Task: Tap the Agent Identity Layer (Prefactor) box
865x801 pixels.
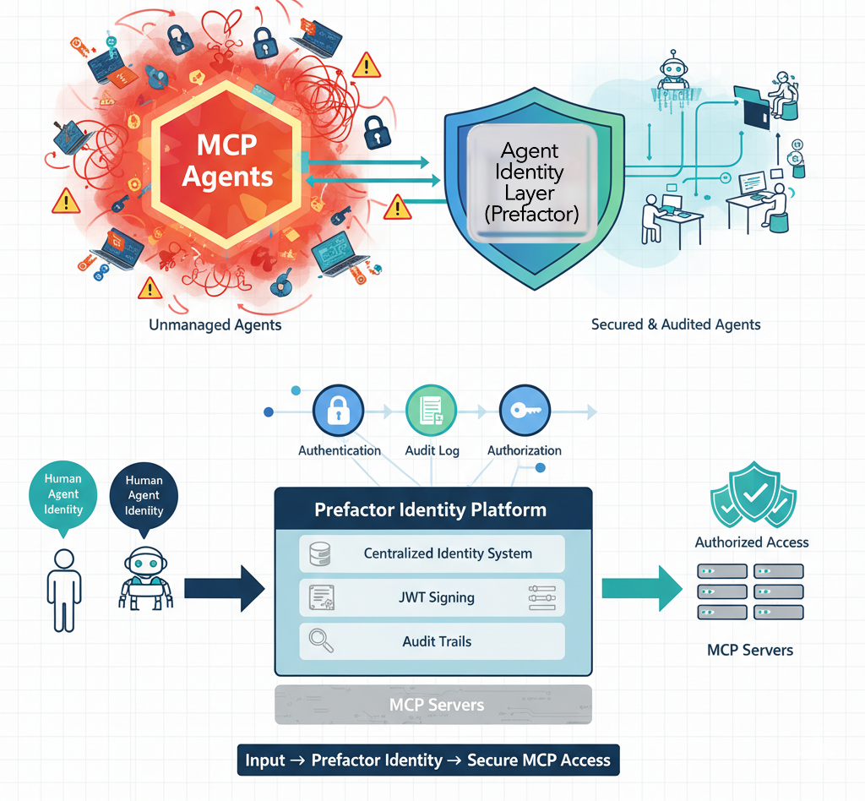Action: pos(531,183)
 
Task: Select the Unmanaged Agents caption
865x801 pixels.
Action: pos(215,324)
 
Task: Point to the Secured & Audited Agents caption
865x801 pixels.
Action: pos(676,324)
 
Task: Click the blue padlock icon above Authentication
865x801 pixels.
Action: pos(338,411)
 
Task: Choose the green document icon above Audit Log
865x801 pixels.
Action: pos(431,411)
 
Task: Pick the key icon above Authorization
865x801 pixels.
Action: pos(525,411)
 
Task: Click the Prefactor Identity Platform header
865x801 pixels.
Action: pos(431,510)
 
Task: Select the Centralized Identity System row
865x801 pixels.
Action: pos(432,554)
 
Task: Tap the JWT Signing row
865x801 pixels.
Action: pos(432,598)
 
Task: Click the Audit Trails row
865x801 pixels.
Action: pos(432,642)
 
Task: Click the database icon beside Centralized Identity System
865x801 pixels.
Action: pos(320,554)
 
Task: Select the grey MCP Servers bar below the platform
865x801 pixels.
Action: pos(433,705)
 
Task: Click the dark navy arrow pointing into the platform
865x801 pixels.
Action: pos(224,588)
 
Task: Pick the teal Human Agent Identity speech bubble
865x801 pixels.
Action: pos(64,494)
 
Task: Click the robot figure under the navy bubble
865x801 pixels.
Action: pos(145,578)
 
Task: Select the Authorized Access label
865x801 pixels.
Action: pos(752,542)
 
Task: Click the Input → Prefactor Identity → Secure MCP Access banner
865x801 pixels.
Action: pos(427,760)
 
